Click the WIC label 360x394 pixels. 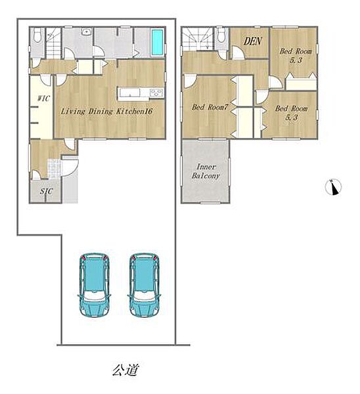click(44, 98)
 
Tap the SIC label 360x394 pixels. click(46, 191)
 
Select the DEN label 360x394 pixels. click(253, 41)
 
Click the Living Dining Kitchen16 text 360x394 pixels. click(106, 111)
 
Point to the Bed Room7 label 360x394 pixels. click(210, 107)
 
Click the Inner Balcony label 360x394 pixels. click(206, 171)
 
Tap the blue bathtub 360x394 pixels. click(157, 42)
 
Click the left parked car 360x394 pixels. click(95, 285)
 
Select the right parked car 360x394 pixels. click(145, 285)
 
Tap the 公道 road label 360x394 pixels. click(125, 370)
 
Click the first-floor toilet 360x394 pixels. click(37, 35)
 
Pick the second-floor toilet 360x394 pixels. click(221, 35)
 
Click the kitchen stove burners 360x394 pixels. click(156, 93)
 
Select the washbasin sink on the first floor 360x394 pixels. click(86, 32)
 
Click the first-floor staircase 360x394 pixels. click(54, 43)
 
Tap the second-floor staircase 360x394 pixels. click(198, 39)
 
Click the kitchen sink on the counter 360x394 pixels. click(129, 92)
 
